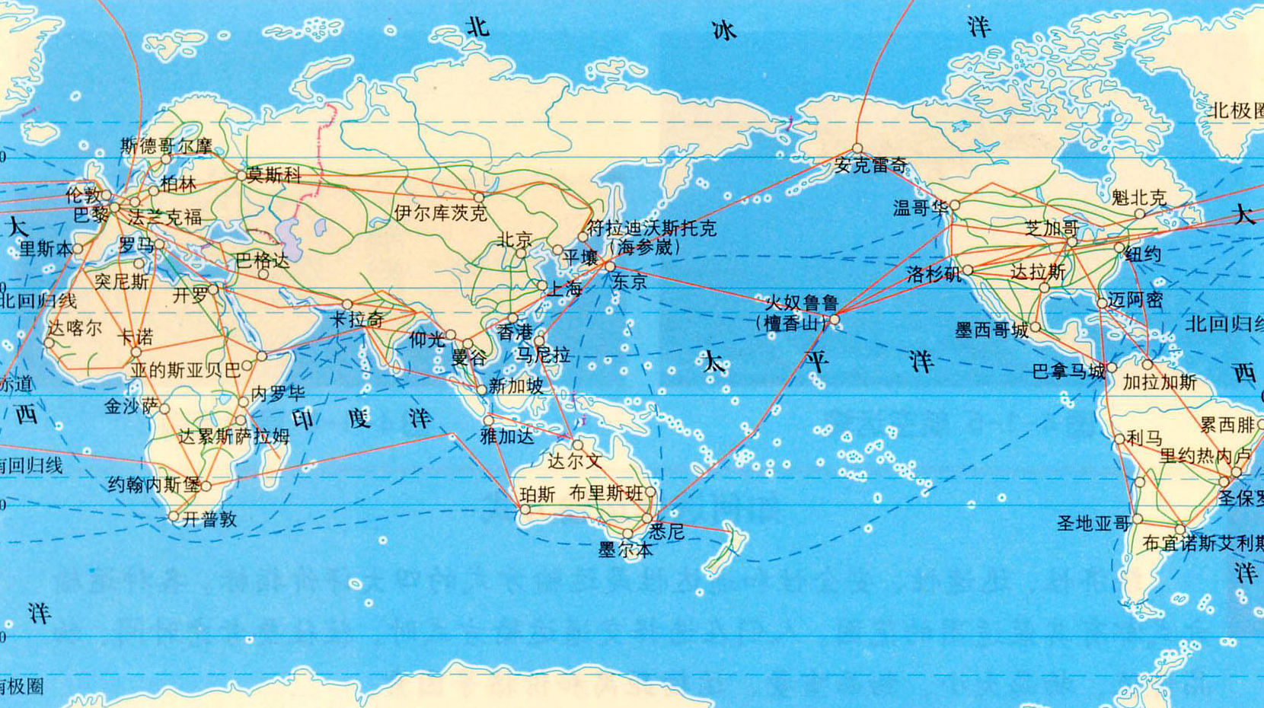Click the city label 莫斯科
(x=273, y=175)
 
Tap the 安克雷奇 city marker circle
(x=857, y=149)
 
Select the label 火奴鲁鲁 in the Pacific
(x=802, y=304)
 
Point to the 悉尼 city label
(x=666, y=531)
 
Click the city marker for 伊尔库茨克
(x=479, y=197)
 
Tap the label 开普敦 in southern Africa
(x=209, y=519)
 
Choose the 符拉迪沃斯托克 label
(x=651, y=228)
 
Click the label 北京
(x=515, y=241)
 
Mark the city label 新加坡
(x=516, y=386)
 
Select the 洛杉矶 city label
(x=934, y=274)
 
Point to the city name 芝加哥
(x=1052, y=228)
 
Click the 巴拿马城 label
(x=1068, y=372)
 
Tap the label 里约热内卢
(x=1205, y=456)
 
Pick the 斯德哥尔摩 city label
(x=166, y=145)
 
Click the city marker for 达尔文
(x=577, y=445)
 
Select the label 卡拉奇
(x=357, y=319)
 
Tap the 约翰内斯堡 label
(x=153, y=485)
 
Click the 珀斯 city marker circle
(x=525, y=511)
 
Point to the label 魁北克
(x=1138, y=198)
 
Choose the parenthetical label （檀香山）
(x=790, y=323)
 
